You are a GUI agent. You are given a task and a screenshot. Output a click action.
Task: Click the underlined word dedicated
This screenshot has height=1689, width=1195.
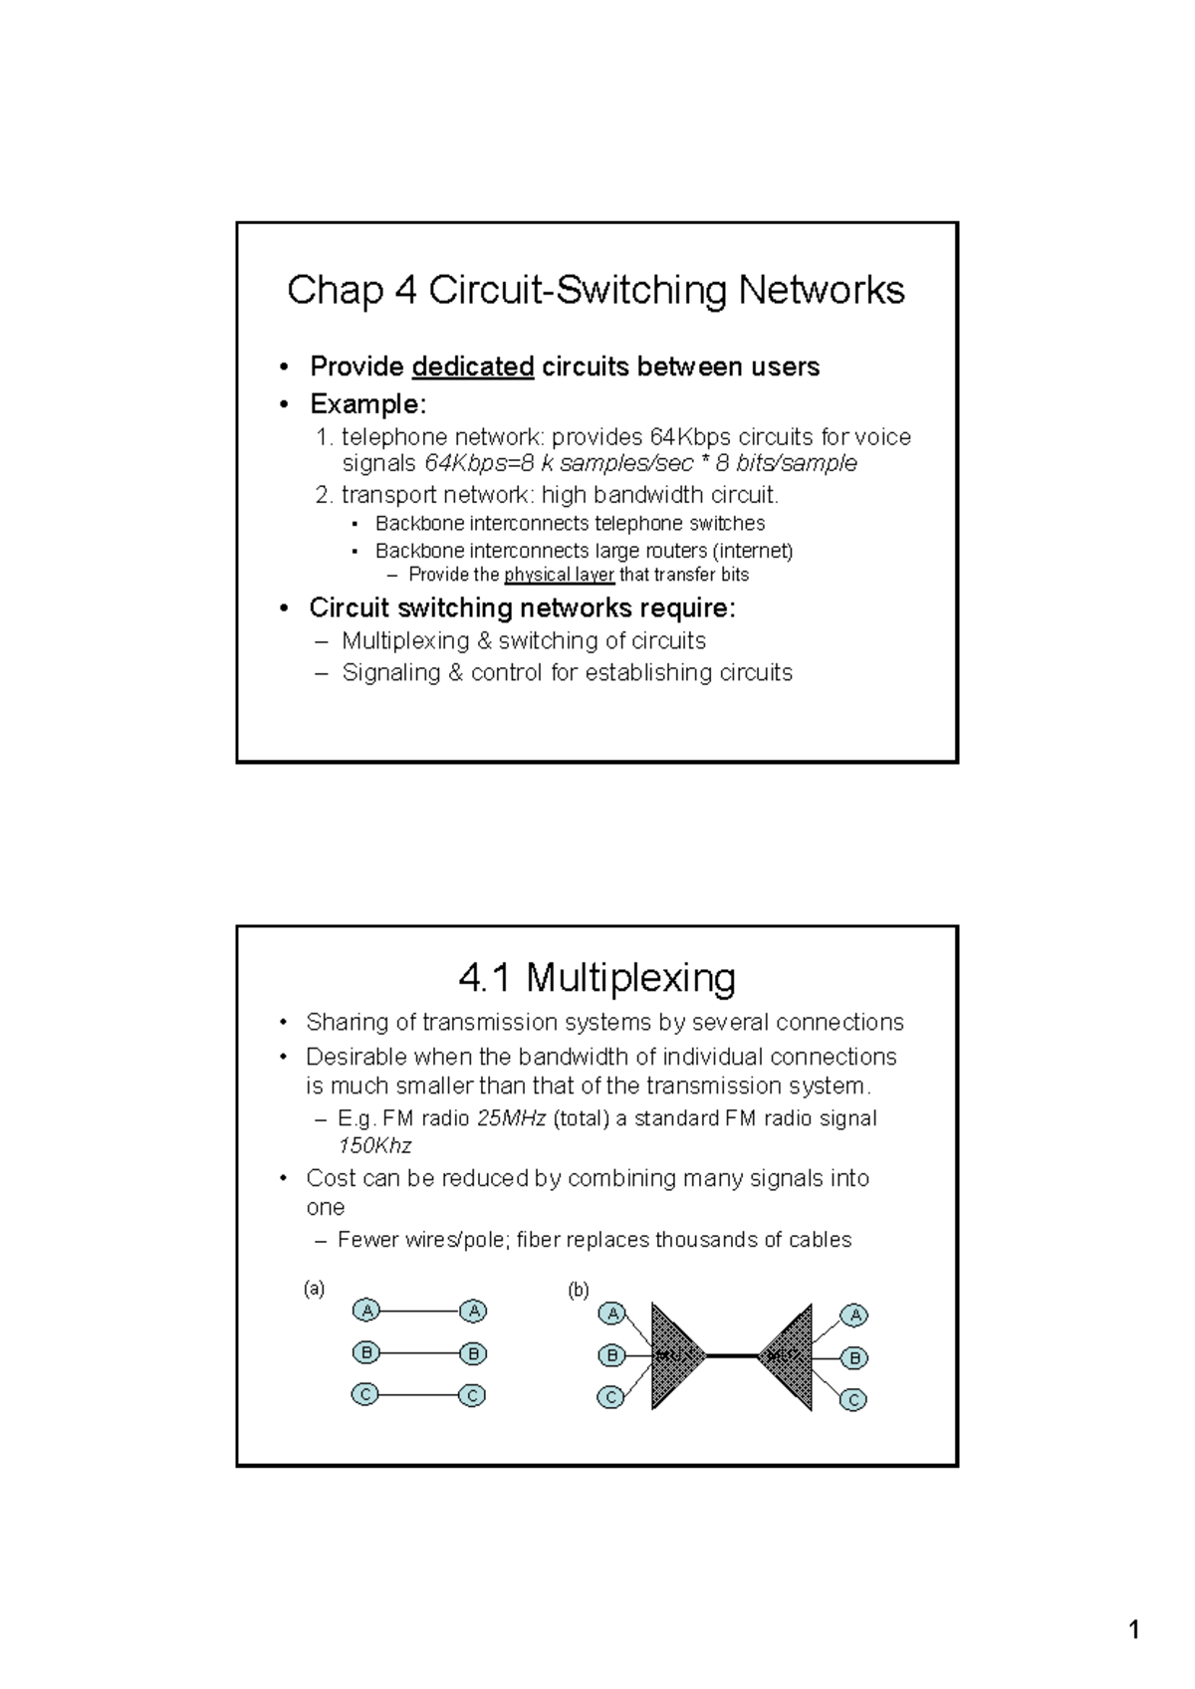(473, 367)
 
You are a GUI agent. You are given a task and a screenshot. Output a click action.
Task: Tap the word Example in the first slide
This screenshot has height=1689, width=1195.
(364, 404)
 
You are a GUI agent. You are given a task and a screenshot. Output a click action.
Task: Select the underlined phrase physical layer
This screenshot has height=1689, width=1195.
(559, 576)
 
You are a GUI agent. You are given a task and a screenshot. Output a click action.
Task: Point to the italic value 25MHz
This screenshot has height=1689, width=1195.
(511, 1118)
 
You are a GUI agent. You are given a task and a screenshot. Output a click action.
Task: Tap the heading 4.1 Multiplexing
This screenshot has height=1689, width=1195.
(597, 978)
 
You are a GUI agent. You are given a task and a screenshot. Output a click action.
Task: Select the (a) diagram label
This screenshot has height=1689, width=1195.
(314, 1289)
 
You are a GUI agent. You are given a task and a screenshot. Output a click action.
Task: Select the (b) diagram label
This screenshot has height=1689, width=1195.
(579, 1291)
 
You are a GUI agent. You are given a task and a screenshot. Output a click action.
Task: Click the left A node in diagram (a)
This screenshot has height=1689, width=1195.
(366, 1311)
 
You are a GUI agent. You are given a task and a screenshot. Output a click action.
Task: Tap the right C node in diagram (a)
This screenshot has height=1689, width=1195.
(473, 1396)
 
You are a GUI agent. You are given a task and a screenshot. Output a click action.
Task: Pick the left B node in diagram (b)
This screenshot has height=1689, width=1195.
(612, 1355)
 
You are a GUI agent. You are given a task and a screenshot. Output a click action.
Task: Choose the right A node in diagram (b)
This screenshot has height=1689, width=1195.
(853, 1316)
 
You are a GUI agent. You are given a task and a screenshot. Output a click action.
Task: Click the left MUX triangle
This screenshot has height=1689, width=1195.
(672, 1355)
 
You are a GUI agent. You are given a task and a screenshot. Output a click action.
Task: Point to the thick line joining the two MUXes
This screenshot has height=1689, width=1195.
(732, 1355)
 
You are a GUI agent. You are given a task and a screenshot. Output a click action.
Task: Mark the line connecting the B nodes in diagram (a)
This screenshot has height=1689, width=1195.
(419, 1353)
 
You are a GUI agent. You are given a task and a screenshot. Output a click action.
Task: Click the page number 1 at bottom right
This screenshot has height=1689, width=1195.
(1133, 1630)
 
